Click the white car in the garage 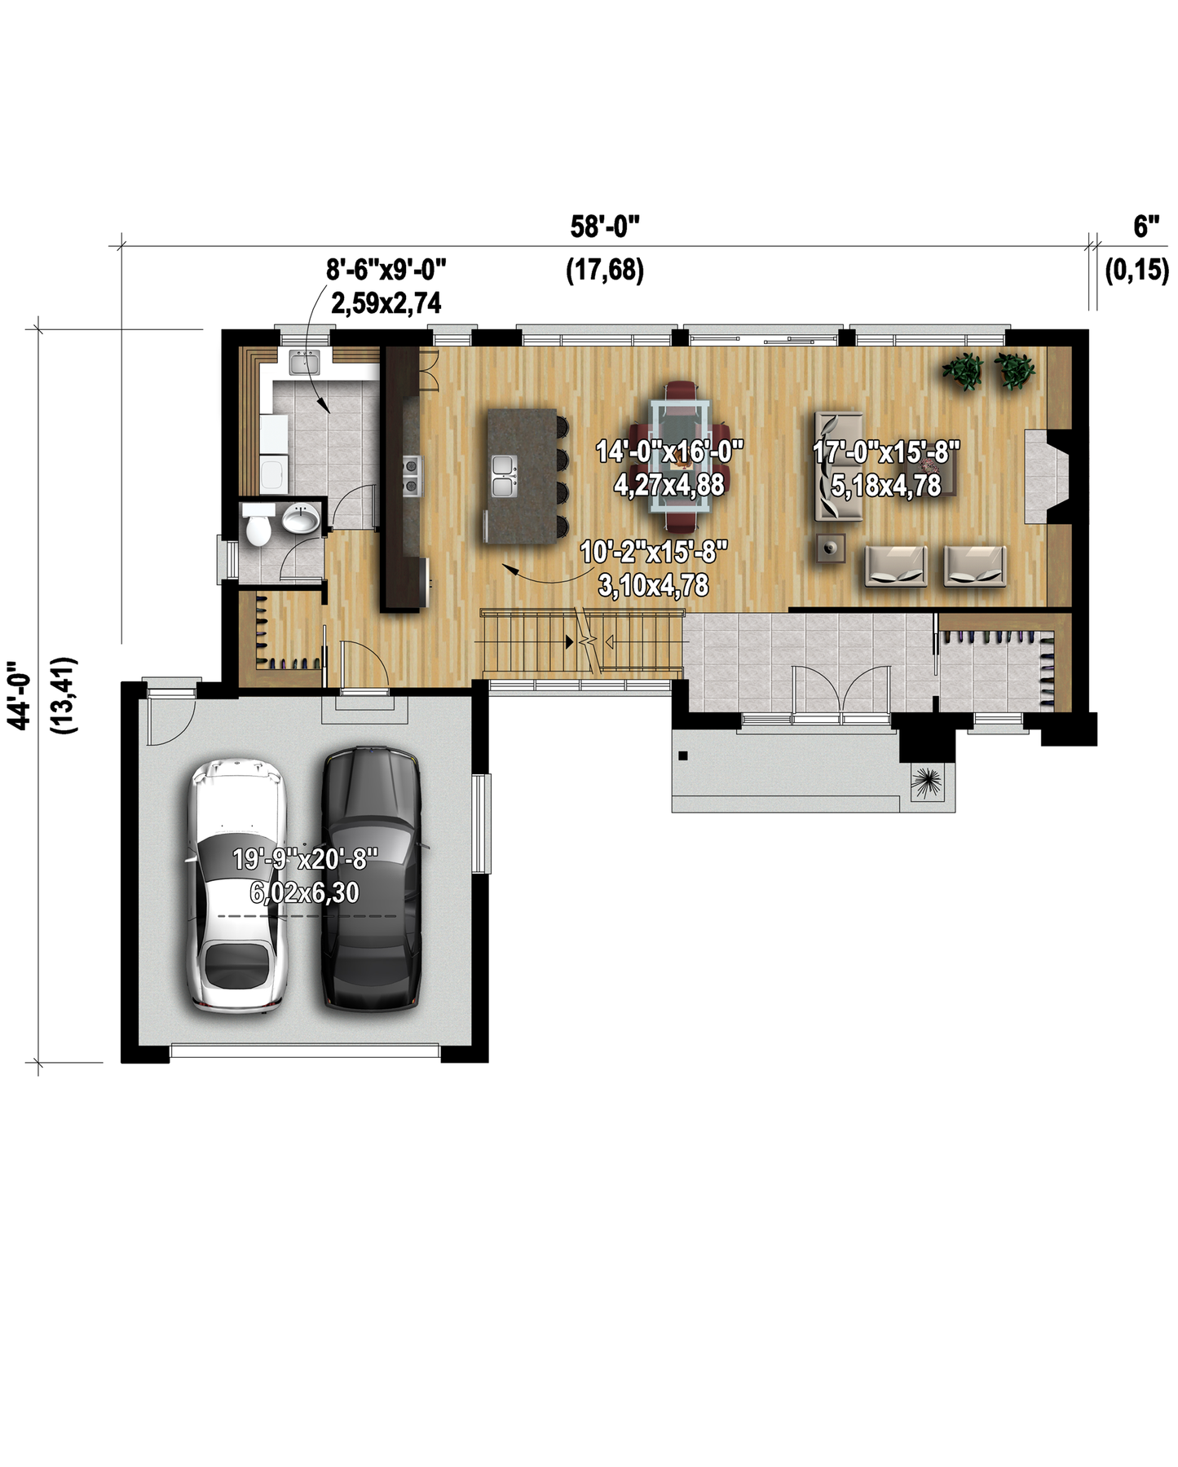tap(237, 887)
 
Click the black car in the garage tap(372, 879)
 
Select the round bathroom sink tap(302, 519)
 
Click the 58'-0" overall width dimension tap(605, 227)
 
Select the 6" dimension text tap(1147, 227)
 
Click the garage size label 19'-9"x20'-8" tap(306, 859)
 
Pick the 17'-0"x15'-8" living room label tap(886, 452)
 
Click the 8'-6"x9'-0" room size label tap(386, 268)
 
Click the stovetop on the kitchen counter tap(412, 476)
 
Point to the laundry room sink tap(305, 362)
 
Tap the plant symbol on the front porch tap(927, 783)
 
